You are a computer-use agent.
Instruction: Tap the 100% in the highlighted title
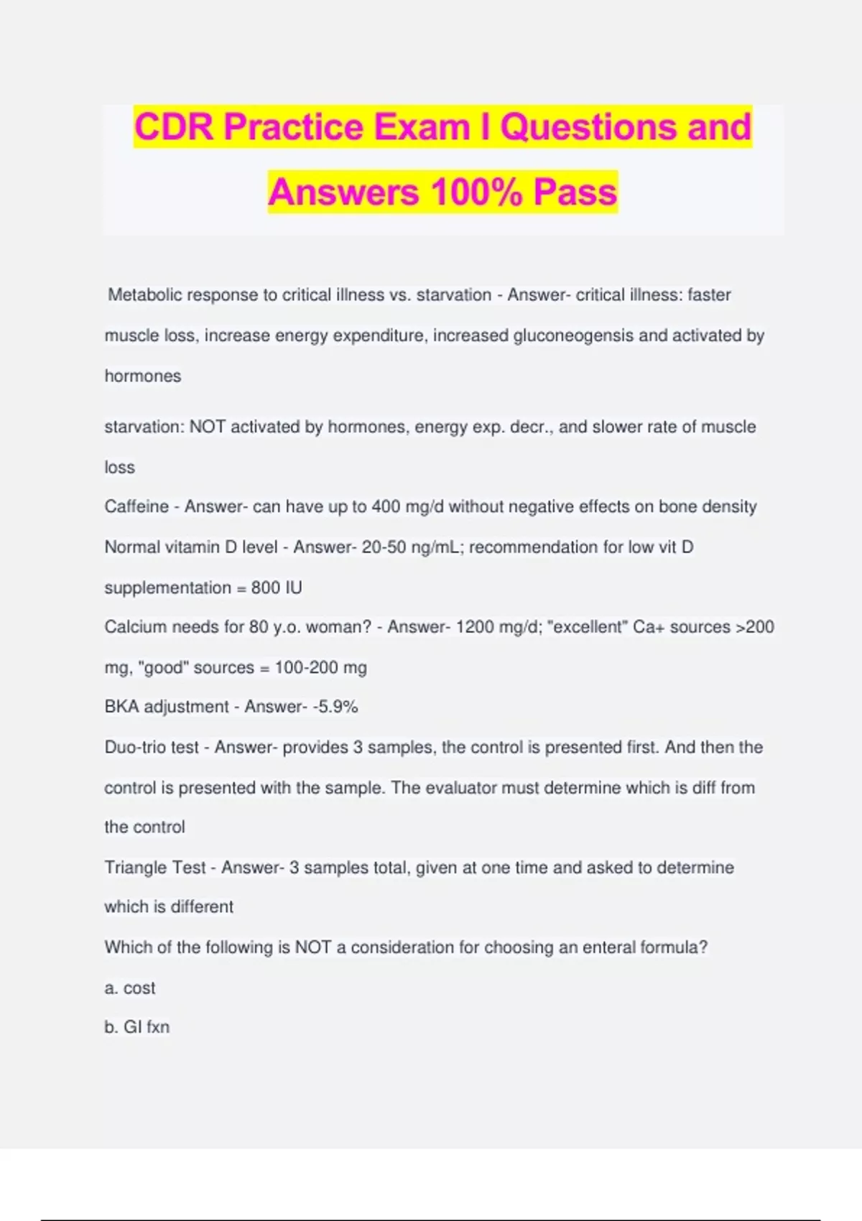[476, 192]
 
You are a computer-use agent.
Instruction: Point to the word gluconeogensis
[573, 335]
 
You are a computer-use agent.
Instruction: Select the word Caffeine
[136, 507]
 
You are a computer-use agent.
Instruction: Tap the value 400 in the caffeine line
[386, 507]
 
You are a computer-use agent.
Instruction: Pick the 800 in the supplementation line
[265, 588]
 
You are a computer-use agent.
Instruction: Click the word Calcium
[134, 627]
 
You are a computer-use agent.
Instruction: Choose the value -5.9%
[335, 707]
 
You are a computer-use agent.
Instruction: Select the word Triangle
[135, 868]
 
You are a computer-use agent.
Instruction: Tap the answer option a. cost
[130, 988]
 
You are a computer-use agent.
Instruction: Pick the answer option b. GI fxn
[137, 1027]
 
